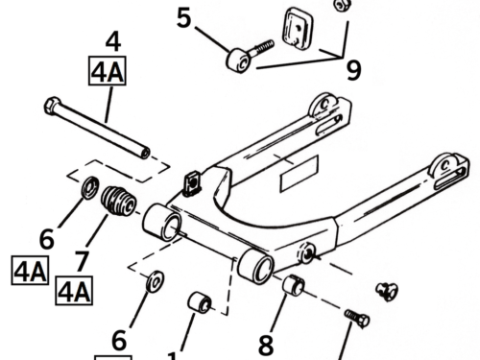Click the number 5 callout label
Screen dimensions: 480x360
click(183, 18)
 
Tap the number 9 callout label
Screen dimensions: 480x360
click(354, 70)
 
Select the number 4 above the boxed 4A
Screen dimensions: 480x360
click(113, 41)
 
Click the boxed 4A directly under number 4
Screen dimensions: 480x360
click(108, 71)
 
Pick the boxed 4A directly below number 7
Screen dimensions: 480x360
click(74, 291)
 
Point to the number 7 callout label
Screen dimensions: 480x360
click(82, 261)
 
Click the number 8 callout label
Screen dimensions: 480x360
click(266, 345)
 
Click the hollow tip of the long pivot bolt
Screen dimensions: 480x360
click(145, 154)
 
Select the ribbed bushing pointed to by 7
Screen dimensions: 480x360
click(118, 201)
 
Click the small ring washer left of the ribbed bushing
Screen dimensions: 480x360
click(90, 187)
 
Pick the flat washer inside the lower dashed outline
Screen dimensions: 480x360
click(156, 281)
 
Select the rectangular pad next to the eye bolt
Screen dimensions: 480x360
click(298, 30)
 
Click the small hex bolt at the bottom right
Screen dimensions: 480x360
click(357, 318)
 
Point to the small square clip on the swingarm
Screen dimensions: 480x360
click(192, 183)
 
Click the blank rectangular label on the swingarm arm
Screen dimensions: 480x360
click(300, 174)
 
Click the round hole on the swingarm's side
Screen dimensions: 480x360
click(307, 252)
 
